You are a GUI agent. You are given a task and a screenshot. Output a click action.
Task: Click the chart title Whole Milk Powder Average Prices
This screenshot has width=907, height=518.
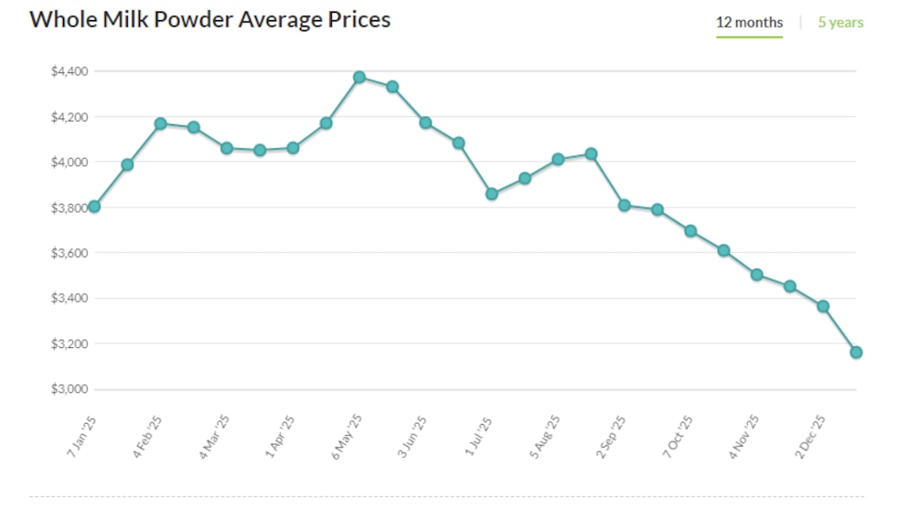[210, 19]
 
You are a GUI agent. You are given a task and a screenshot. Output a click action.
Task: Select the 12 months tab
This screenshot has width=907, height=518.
[749, 22]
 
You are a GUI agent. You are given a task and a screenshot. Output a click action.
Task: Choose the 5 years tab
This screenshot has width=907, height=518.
[840, 22]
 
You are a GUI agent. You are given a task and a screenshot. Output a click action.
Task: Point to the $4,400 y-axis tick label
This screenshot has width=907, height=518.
[69, 71]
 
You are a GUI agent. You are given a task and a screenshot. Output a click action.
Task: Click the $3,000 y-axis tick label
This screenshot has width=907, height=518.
[69, 389]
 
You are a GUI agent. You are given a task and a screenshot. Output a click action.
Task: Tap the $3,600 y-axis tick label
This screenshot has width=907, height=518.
[69, 253]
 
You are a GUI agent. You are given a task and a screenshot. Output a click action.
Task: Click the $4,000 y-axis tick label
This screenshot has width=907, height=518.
[69, 163]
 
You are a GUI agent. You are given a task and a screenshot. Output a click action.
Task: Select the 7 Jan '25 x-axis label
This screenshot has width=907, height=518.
[82, 435]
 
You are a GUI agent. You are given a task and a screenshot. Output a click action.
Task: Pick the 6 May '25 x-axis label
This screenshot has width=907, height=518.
[347, 435]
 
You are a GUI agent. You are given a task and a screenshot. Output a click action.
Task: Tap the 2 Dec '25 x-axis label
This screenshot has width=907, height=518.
[811, 435]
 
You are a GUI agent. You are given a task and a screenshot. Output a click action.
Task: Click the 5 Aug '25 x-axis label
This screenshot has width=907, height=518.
[546, 435]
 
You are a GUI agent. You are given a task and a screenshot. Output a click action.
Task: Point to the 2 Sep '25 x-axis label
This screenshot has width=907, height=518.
[612, 435]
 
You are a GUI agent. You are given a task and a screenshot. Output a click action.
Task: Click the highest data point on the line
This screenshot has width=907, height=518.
[359, 77]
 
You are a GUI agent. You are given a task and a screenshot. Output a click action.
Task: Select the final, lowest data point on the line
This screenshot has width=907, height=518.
[856, 352]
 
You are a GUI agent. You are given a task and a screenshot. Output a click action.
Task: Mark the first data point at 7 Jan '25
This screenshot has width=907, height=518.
[94, 206]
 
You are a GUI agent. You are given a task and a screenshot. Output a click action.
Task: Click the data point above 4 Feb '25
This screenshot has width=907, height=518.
[161, 123]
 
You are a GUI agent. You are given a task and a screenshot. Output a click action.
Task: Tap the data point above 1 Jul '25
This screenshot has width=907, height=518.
[492, 194]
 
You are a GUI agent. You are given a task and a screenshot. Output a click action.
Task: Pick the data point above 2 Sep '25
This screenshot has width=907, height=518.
[624, 205]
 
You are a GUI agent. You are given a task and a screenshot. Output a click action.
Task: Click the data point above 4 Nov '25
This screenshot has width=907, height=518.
[757, 274]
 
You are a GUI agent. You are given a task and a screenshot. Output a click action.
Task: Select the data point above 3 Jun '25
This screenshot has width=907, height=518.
[425, 122]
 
